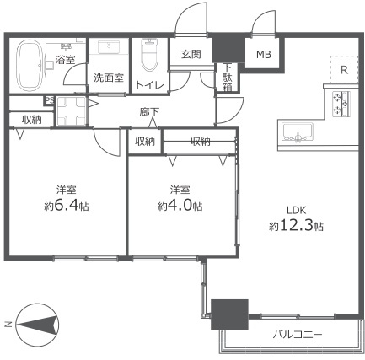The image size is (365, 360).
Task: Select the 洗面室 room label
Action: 108,78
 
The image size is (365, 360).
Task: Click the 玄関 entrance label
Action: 191,54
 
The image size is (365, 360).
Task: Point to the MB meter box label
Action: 264,55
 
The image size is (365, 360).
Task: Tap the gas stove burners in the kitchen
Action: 341,103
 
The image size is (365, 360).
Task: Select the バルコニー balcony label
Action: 297,336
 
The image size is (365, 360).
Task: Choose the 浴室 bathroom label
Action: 64,60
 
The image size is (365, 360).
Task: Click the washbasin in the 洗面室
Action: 109,50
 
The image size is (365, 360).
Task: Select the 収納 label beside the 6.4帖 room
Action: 32,120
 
